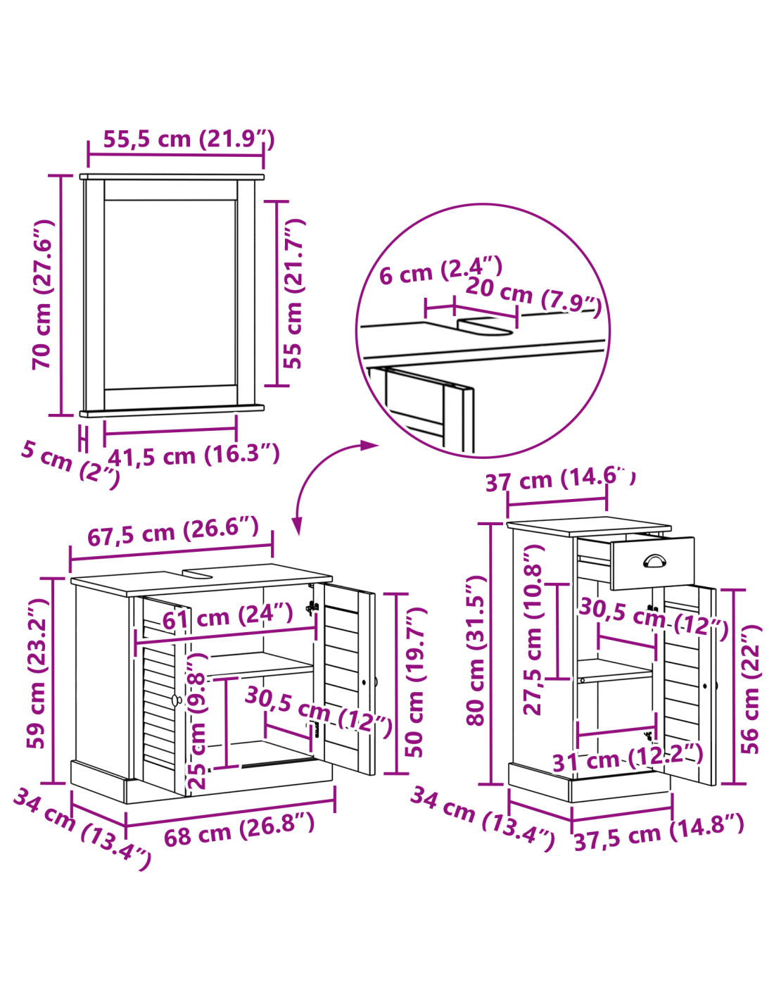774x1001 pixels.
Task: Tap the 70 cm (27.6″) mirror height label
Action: click(43, 294)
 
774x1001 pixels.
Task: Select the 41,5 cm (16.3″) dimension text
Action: click(193, 455)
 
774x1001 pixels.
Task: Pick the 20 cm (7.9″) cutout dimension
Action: click(533, 297)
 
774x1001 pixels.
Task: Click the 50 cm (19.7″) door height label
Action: click(416, 682)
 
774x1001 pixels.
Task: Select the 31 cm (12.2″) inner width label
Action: click(628, 759)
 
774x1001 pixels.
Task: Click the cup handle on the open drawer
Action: click(654, 561)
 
